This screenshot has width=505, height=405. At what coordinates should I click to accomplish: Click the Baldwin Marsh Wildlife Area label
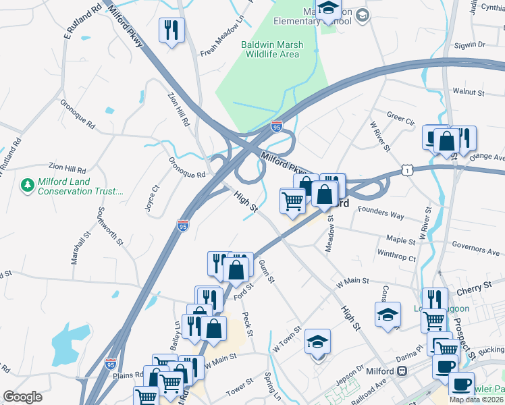pos(272,50)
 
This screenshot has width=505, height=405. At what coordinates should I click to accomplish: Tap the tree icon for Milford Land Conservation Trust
pos(27,184)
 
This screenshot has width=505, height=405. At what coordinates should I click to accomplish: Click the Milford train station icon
pos(402,371)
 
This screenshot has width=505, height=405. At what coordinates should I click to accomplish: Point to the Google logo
pos(22,397)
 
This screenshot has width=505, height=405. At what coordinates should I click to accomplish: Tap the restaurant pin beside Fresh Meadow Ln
pos(171,30)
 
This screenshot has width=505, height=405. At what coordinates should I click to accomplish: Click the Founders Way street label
pos(381,214)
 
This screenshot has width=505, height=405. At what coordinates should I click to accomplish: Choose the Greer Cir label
pos(400,117)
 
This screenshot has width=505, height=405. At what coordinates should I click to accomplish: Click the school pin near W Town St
pos(317,343)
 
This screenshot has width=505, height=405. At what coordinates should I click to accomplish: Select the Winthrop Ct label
pos(396,256)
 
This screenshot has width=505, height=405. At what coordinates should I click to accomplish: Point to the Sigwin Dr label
pos(471,45)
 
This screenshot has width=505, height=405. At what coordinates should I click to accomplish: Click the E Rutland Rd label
pos(82,20)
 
